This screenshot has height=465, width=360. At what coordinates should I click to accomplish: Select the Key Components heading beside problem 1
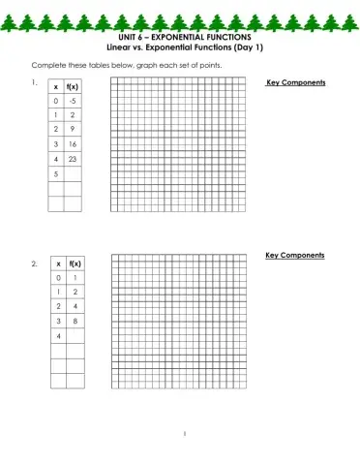295,83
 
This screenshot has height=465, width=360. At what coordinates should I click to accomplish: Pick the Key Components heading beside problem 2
295,255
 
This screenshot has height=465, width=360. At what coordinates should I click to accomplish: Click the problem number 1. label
34,83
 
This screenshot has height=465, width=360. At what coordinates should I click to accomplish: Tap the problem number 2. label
35,263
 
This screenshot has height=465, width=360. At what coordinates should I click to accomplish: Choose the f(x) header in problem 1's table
74,86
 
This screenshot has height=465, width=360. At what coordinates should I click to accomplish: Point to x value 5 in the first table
56,173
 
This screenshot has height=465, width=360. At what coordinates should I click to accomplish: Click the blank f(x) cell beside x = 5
74,173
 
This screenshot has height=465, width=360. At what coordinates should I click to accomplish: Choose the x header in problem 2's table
59,263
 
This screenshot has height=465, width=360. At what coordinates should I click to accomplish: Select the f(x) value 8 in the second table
75,320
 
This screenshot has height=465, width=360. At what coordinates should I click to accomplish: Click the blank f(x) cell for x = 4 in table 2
75,335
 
